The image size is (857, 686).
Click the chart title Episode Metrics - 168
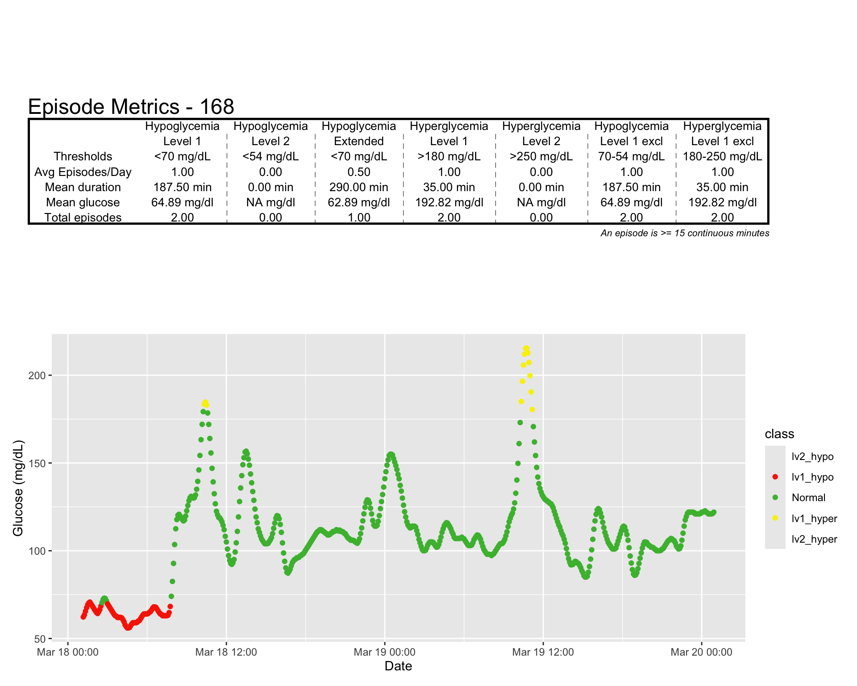(x=131, y=107)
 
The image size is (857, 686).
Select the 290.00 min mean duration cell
(x=358, y=187)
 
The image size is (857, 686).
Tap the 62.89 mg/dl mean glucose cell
(x=358, y=202)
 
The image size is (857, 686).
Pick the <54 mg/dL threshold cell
(x=270, y=156)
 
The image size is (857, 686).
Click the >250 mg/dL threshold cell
(x=541, y=156)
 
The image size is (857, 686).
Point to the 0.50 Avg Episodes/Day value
(x=358, y=172)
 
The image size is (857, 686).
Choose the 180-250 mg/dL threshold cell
(x=722, y=156)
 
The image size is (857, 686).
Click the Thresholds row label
(x=83, y=156)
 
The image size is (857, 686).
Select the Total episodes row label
(x=83, y=218)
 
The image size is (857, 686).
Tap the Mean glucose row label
(x=83, y=202)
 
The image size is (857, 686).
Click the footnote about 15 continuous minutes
(x=685, y=233)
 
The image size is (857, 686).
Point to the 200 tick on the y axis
(x=37, y=376)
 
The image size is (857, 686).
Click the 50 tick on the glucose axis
(x=40, y=639)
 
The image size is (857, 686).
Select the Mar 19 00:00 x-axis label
(x=384, y=652)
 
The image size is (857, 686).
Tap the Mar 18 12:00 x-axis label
(x=226, y=652)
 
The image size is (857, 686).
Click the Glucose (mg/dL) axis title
(x=18, y=488)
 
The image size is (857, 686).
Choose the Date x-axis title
(x=398, y=666)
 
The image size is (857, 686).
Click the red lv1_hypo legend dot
(x=775, y=477)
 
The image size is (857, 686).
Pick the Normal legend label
(x=808, y=498)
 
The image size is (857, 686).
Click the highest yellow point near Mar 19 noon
(x=526, y=348)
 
